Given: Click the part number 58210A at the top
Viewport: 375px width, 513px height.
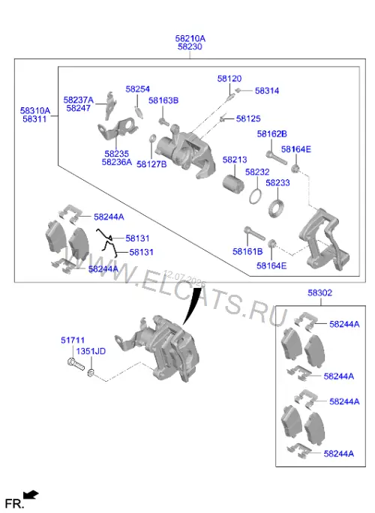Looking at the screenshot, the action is coord(190,38).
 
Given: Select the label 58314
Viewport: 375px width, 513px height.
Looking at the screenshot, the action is coord(267,91).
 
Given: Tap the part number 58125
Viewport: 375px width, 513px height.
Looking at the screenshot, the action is coord(248,118).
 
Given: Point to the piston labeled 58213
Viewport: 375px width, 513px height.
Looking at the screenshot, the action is coord(234,183).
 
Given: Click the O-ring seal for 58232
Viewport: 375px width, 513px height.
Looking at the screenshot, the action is coord(255,196).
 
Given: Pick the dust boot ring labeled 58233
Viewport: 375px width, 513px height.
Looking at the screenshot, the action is coord(276,208).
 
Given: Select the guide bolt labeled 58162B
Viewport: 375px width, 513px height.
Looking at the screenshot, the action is coord(276,157).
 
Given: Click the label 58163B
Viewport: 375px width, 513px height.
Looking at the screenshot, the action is coord(163,100).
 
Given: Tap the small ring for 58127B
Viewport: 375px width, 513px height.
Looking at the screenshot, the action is coord(152,139).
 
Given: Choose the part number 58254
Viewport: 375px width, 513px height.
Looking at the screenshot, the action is coord(138,89).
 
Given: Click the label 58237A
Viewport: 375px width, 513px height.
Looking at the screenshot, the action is coord(79,100).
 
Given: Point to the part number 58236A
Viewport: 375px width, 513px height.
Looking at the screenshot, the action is coord(117,162).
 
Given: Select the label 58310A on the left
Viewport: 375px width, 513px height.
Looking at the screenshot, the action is coord(35,110).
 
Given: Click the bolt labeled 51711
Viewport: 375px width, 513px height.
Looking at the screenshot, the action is coord(76,364).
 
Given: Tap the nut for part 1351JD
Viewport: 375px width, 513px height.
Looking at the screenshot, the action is coord(91,372).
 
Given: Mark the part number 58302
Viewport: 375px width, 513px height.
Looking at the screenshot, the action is coord(319,292).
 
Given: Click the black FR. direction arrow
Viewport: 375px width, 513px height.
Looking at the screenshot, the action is coord(31,495).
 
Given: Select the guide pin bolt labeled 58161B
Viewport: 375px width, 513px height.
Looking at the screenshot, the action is coord(254,233).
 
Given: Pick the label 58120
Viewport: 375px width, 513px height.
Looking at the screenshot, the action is coord(229,79).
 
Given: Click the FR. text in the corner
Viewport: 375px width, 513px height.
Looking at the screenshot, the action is coord(15,503).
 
